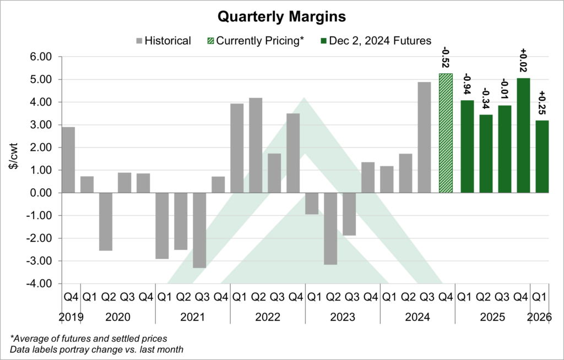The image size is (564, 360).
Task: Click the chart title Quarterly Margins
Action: [281, 17]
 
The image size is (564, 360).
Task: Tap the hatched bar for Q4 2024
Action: [445, 133]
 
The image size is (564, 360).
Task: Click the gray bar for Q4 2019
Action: [68, 160]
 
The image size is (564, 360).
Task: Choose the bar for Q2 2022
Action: [256, 145]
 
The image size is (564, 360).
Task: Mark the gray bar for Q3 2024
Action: [424, 137]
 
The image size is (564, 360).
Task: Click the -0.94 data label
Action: [467, 85]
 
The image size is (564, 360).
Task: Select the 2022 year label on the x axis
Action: [268, 318]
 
